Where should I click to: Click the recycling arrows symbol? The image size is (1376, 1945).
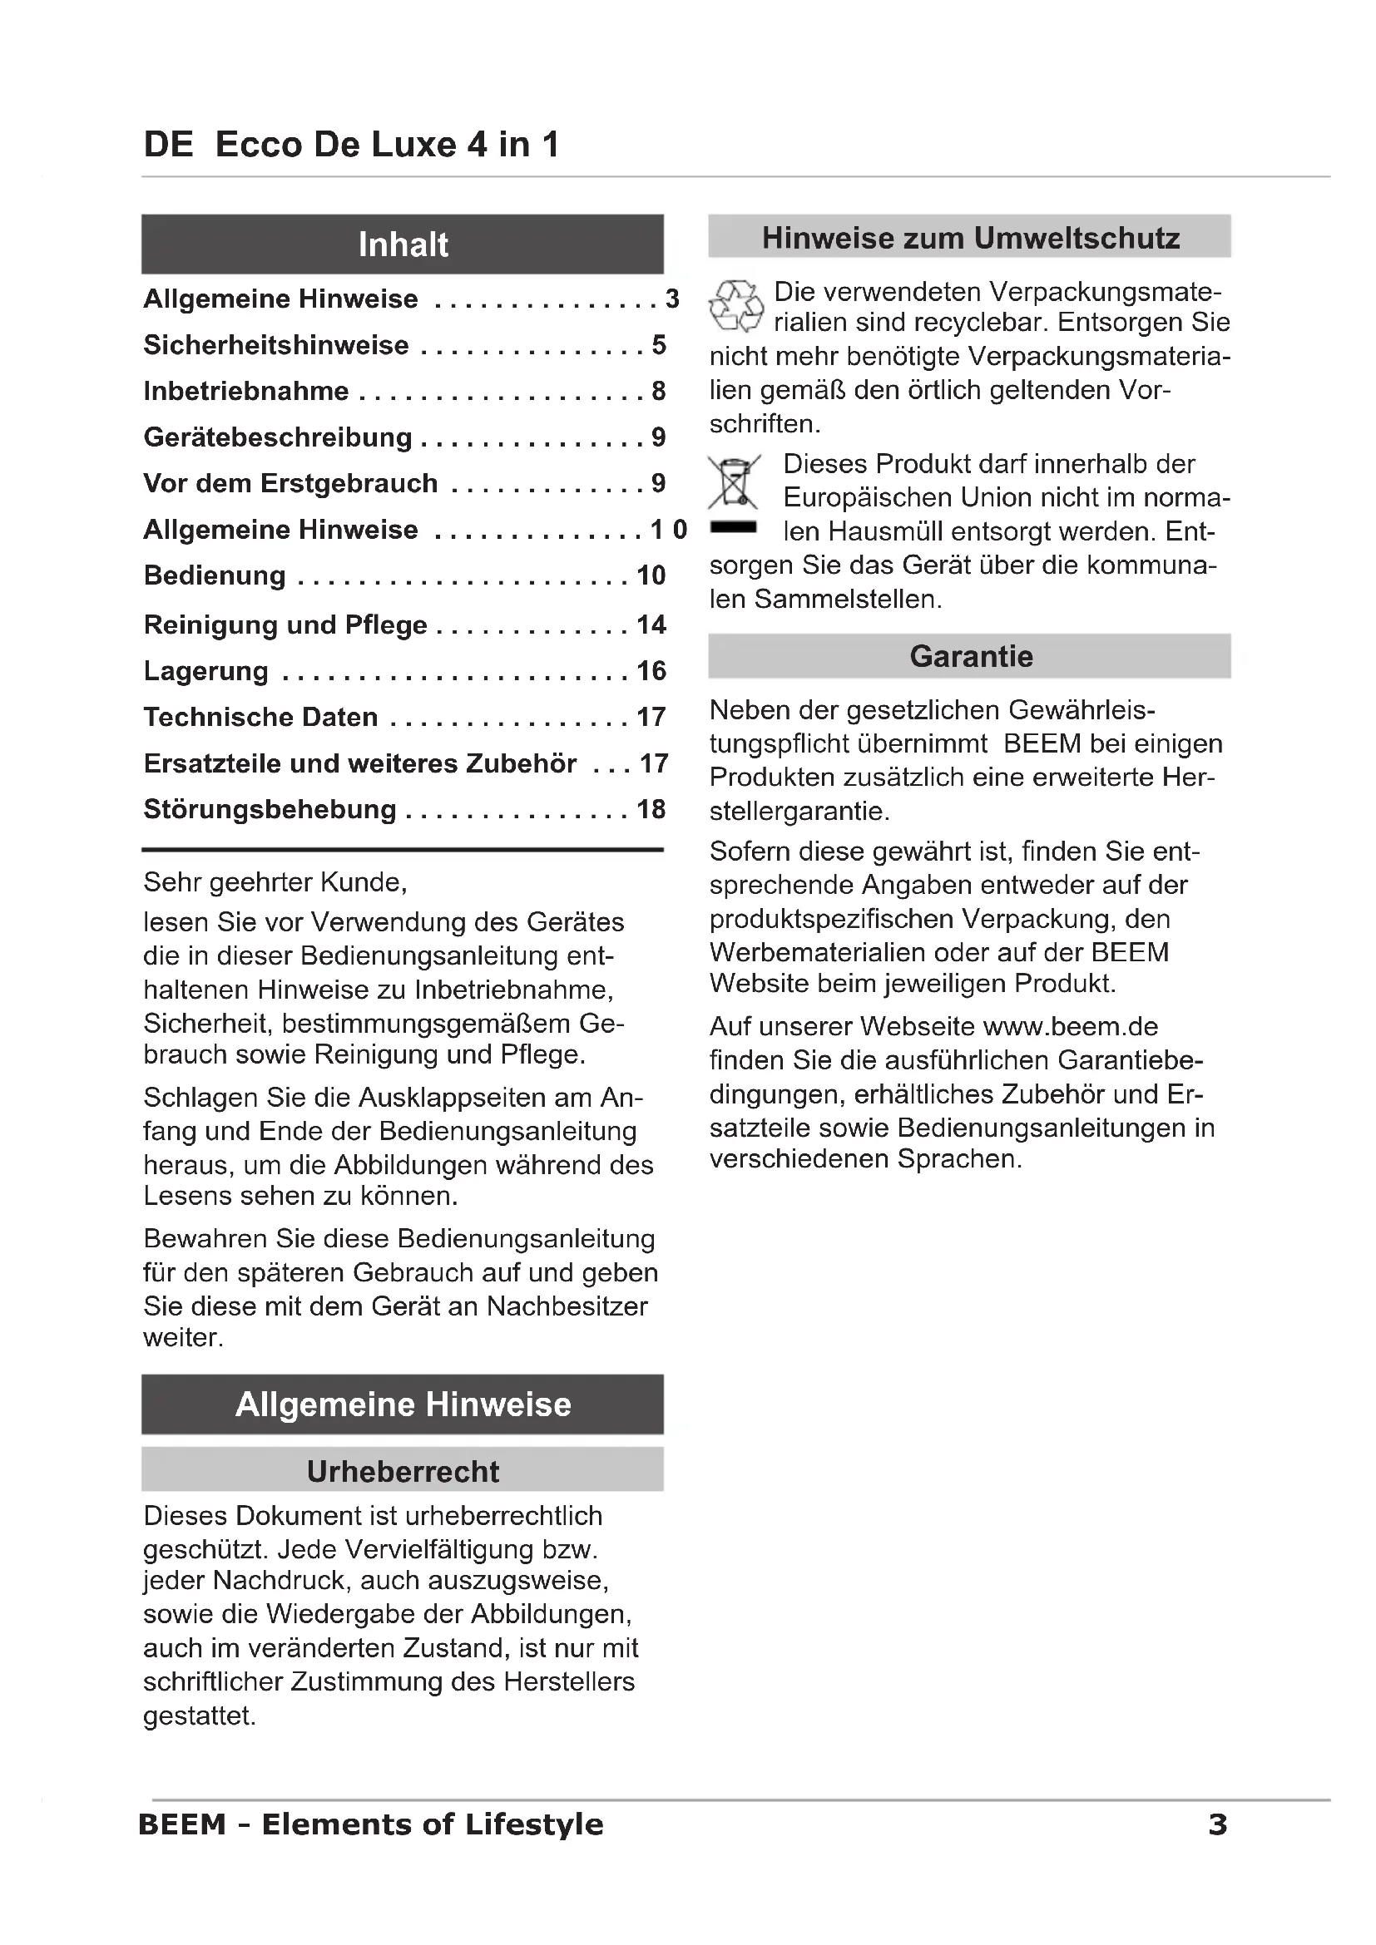click(735, 306)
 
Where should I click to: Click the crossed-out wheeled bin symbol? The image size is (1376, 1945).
click(734, 482)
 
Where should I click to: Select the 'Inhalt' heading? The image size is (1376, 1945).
click(403, 244)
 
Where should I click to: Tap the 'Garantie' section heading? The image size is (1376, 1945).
click(970, 657)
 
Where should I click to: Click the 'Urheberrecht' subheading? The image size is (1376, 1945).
click(403, 1472)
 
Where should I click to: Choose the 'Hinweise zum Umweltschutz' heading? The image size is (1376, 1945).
click(970, 238)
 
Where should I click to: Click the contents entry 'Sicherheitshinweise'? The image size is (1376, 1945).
click(276, 345)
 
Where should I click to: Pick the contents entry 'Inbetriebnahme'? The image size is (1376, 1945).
click(245, 391)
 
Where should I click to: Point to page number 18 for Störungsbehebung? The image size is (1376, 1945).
click(651, 809)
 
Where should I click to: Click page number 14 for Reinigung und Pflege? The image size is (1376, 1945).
click(651, 624)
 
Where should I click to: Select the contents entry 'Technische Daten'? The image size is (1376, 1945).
click(260, 717)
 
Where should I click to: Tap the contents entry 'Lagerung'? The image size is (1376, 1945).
click(205, 671)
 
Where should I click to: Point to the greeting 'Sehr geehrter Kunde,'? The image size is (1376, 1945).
click(275, 883)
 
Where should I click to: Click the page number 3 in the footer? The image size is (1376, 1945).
click(1217, 1824)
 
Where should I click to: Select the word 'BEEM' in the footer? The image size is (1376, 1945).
click(182, 1824)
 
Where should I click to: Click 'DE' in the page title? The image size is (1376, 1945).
click(169, 145)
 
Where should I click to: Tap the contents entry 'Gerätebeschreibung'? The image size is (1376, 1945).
click(278, 437)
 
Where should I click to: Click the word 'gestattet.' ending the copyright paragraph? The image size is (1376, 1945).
click(199, 1715)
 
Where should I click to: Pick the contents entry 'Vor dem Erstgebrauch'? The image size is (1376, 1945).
click(290, 483)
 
